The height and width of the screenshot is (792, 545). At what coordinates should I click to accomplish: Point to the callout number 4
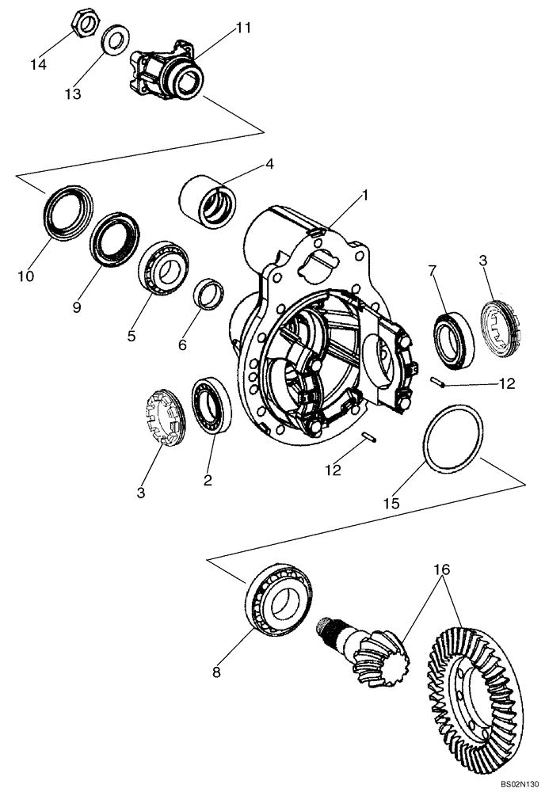pyautogui.click(x=269, y=164)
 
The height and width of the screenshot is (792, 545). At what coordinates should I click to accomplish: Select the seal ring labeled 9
pyautogui.click(x=115, y=237)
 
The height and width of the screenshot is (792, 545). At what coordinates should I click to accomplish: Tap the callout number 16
pyautogui.click(x=440, y=569)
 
